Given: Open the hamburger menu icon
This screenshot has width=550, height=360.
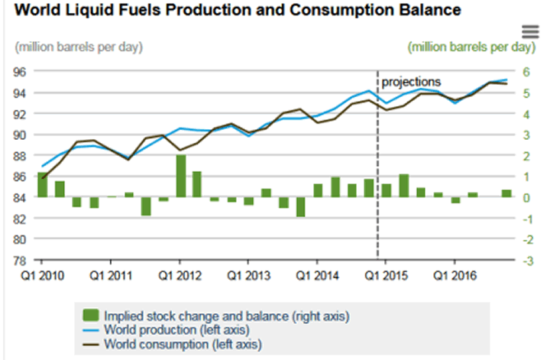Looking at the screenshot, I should coord(531,31).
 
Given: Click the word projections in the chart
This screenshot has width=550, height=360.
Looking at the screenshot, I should coord(411,81).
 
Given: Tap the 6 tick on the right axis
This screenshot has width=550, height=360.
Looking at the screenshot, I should coord(526,72).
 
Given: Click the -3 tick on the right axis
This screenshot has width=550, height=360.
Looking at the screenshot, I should coord(526,260).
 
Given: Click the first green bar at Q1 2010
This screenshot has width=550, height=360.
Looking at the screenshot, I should coord(43,185).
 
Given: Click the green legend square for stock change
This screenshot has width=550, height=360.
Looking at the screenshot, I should coord(91,314).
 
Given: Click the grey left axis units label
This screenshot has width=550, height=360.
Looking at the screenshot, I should coord(79,47).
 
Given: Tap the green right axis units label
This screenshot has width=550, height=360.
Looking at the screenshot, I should coord(471,47).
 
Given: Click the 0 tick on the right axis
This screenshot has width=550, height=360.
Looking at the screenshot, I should coord(526,197).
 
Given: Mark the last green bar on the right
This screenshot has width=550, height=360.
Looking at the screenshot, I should coord(506,193).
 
